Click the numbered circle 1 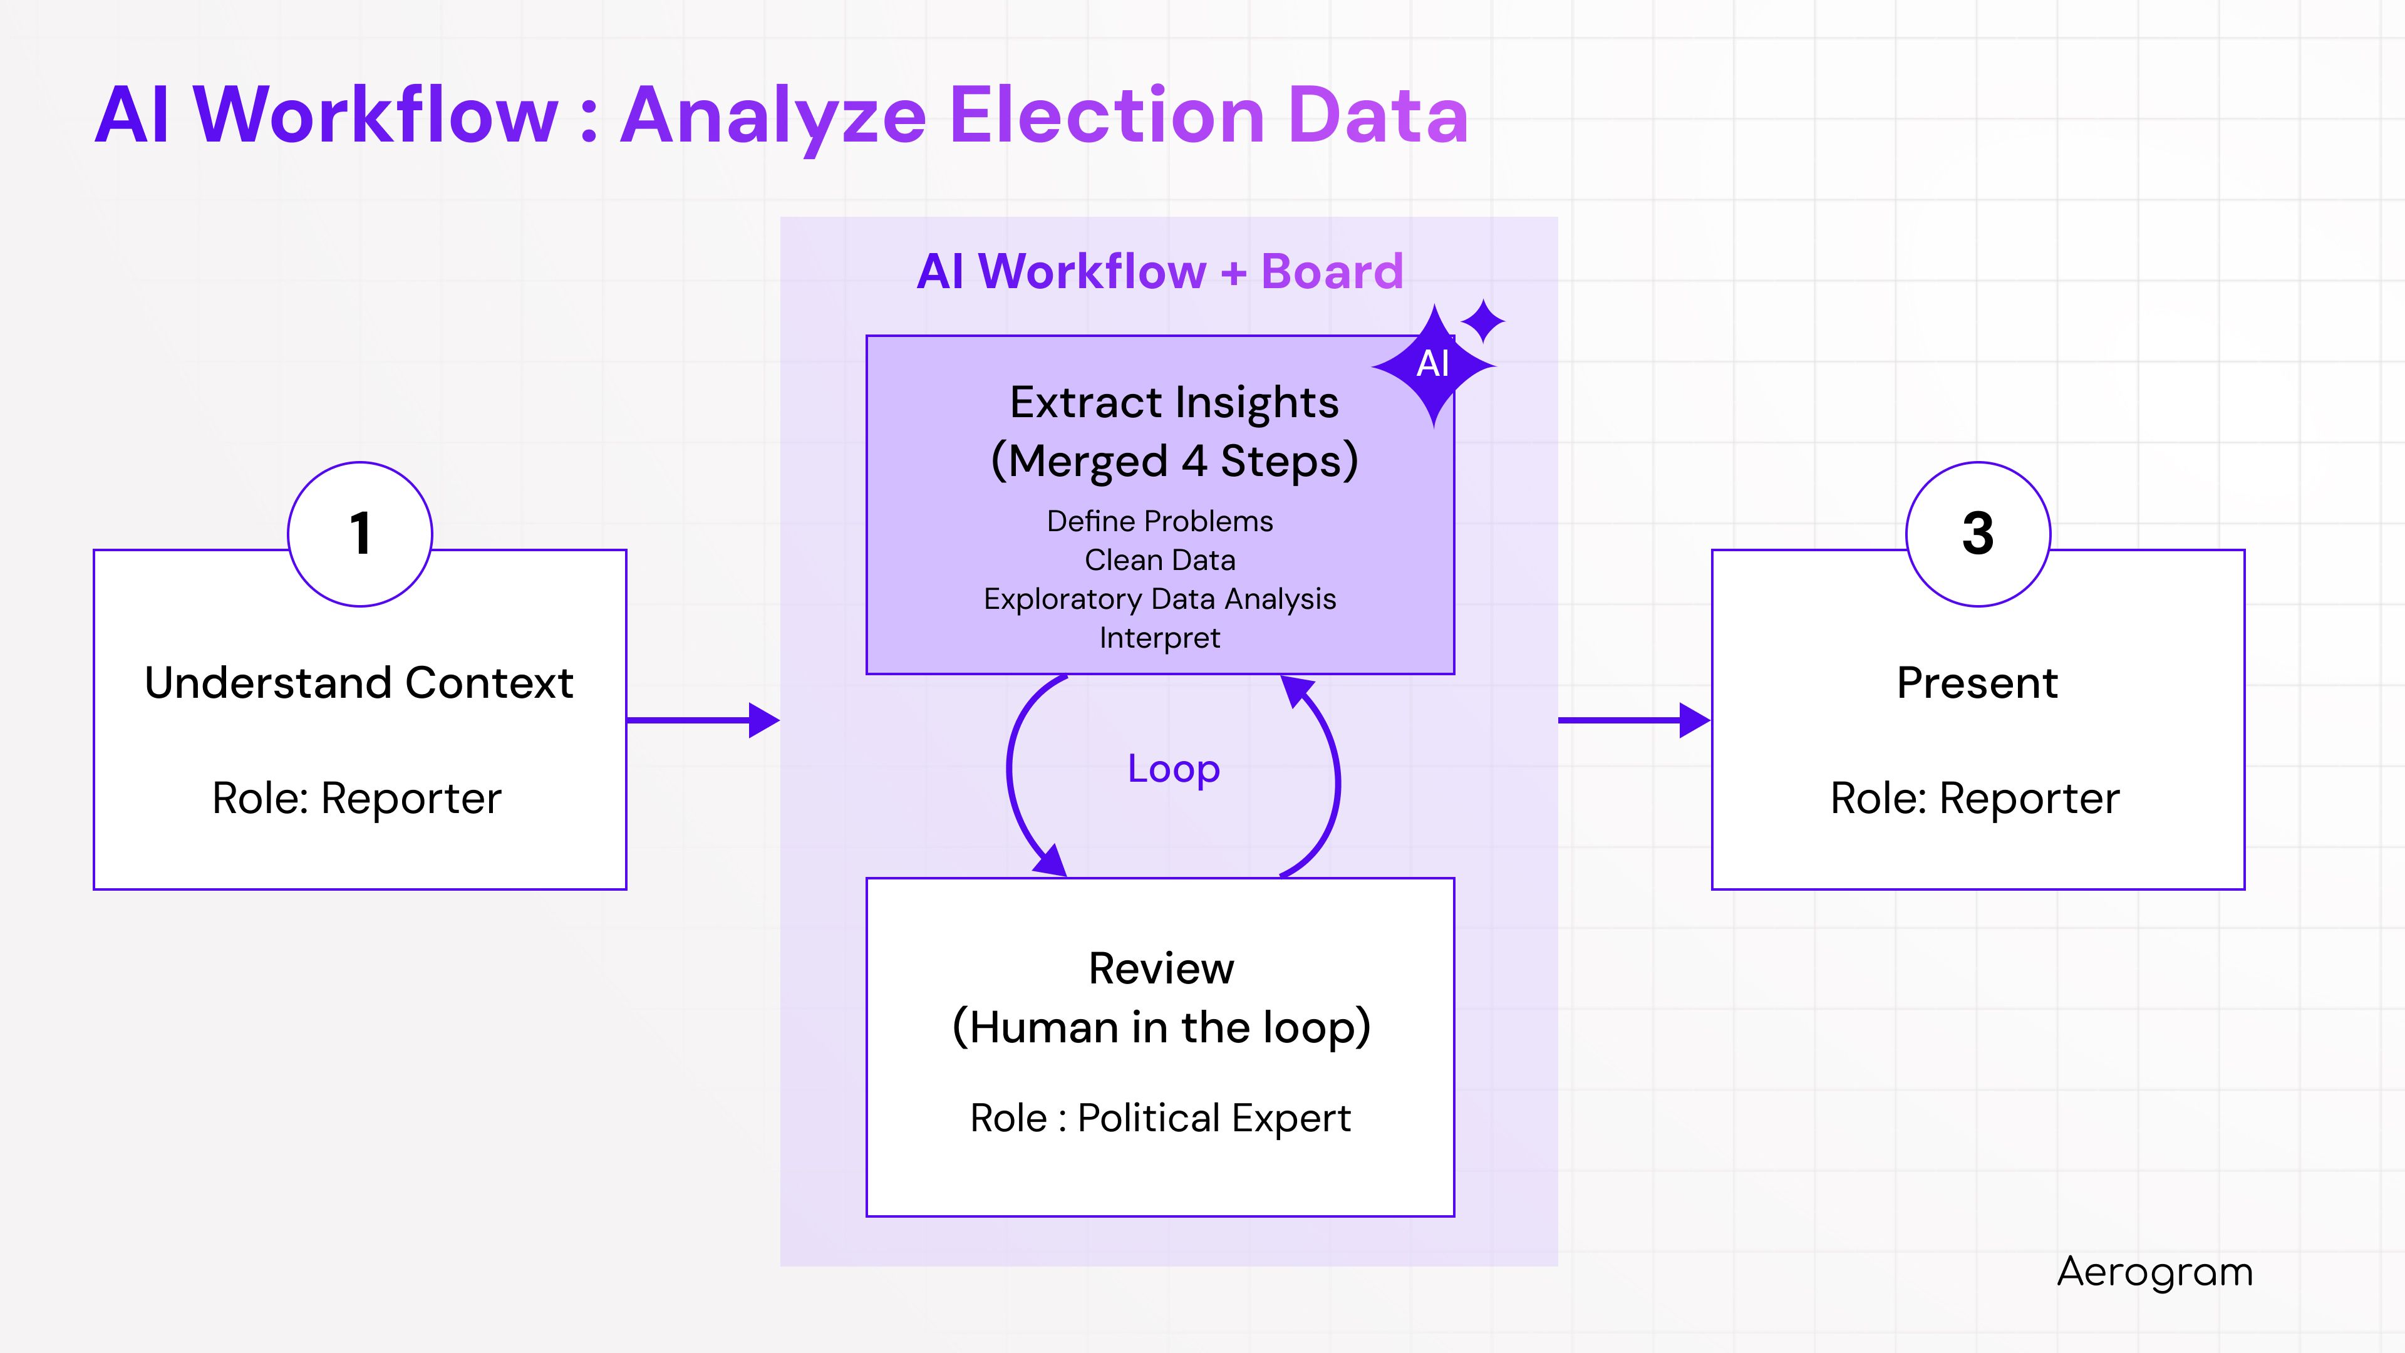(359, 534)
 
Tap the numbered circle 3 (1977, 534)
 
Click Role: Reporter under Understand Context (356, 799)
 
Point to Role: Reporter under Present (1975, 799)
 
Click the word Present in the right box (1977, 683)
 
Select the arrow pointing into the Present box (1634, 720)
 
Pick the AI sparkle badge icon (1434, 363)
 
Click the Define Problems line (1159, 521)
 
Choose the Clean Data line (1159, 560)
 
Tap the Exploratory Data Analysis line (1159, 599)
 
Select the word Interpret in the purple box (1159, 638)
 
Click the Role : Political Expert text (1159, 1117)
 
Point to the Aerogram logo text (2154, 1272)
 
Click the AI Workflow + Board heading (1159, 272)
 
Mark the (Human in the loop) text (1161, 1027)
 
